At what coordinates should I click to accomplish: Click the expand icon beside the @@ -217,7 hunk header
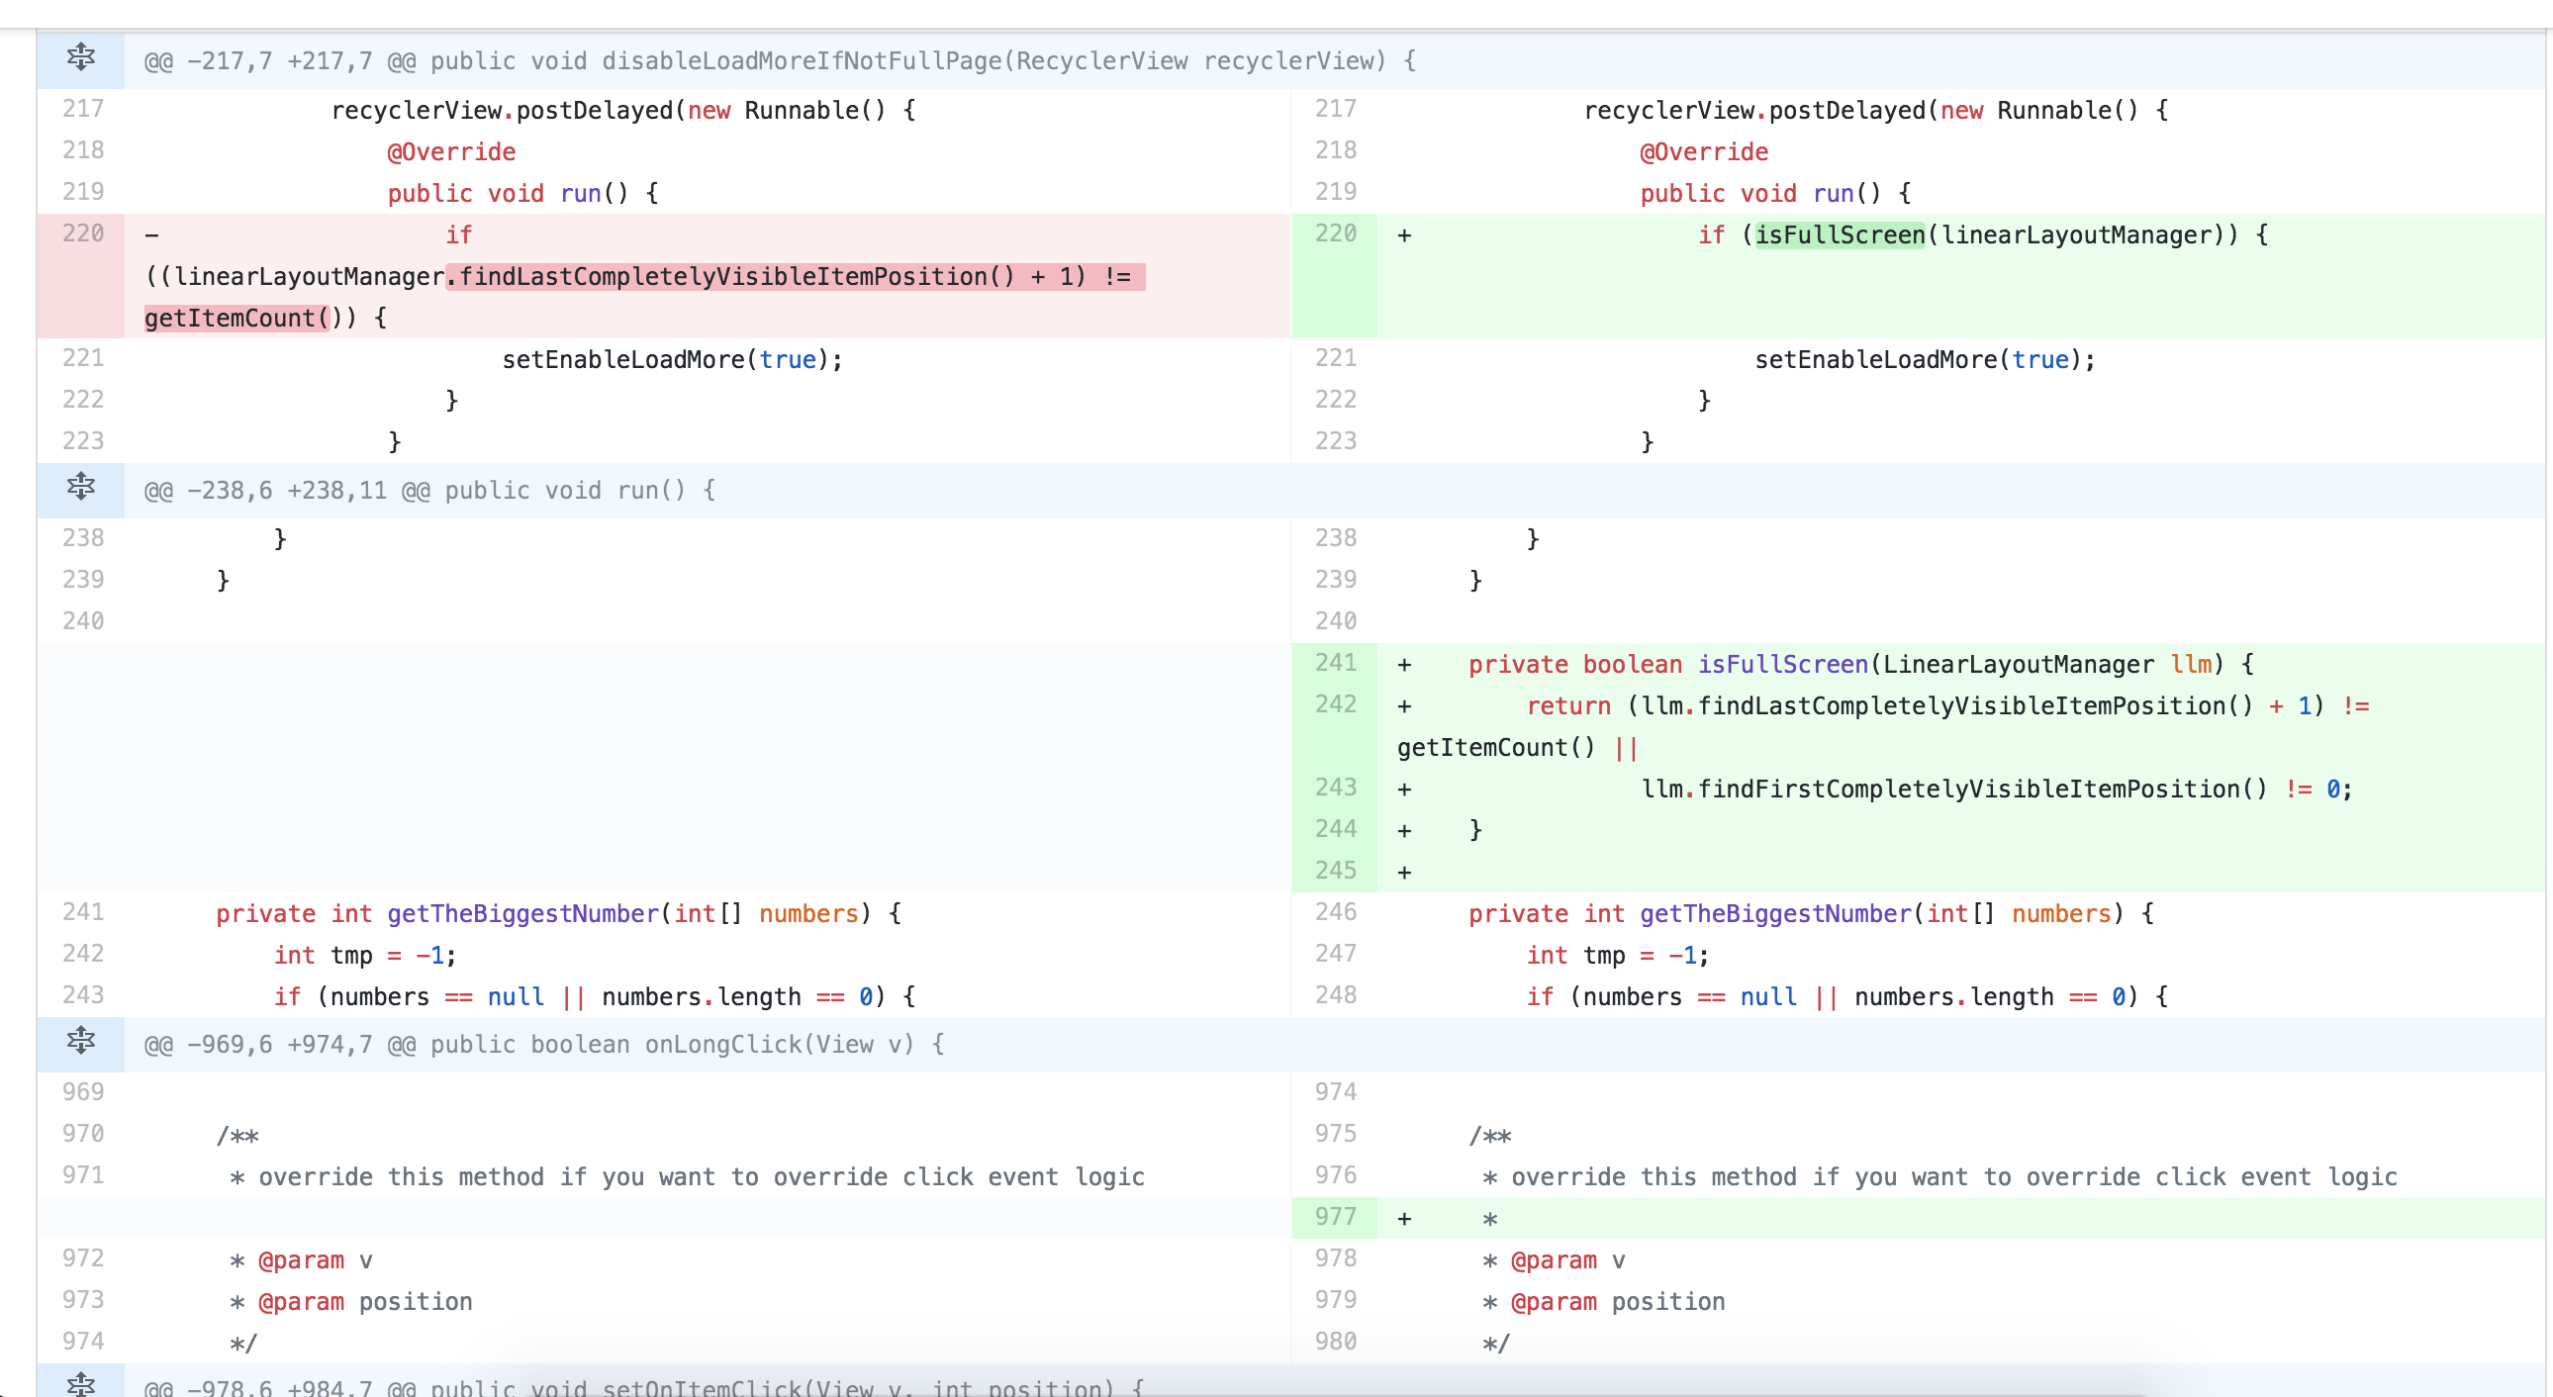(80, 57)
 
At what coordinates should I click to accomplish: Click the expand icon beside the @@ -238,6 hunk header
(80, 487)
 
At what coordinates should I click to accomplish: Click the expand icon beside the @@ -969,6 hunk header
(80, 1040)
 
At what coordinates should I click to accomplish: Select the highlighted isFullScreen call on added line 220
(1840, 234)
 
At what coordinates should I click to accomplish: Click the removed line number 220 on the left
(83, 233)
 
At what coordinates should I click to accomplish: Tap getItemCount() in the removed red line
(236, 318)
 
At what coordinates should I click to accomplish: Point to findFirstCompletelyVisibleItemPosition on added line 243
(1952, 789)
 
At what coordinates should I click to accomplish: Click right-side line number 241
(1335, 663)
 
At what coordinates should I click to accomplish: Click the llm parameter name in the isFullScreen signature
(2190, 664)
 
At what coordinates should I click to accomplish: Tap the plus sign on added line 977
(1404, 1219)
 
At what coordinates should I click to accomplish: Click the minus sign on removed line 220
(151, 235)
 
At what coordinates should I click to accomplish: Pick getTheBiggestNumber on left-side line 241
(522, 913)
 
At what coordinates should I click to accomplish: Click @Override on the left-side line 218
(451, 151)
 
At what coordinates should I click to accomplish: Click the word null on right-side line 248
(1768, 996)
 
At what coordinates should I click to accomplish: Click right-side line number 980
(1335, 1342)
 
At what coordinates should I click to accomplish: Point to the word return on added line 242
(1567, 705)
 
